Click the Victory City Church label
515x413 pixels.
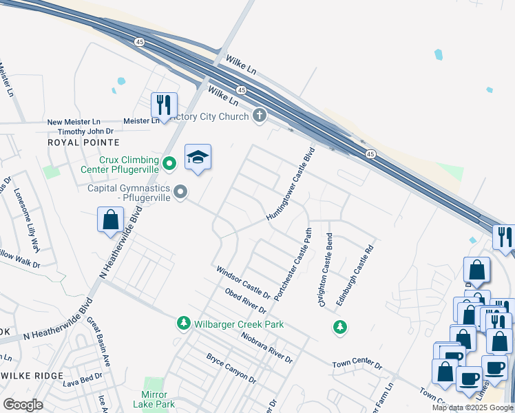[x=209, y=116]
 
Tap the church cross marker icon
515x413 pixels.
[x=260, y=115]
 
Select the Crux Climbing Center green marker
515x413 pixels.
[x=171, y=163]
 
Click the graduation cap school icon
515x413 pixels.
[x=198, y=158]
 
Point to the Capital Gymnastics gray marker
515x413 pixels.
[x=181, y=192]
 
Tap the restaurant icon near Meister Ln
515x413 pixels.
[x=164, y=105]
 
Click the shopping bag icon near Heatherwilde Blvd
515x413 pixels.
[x=110, y=220]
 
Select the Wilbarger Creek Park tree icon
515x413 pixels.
[x=183, y=323]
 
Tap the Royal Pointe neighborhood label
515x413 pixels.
[x=83, y=142]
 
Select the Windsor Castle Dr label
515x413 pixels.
[x=242, y=279]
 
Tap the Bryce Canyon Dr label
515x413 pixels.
[x=231, y=369]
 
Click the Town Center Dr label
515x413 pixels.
[x=357, y=363]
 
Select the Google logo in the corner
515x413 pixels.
[x=23, y=404]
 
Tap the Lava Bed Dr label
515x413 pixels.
[x=82, y=377]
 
